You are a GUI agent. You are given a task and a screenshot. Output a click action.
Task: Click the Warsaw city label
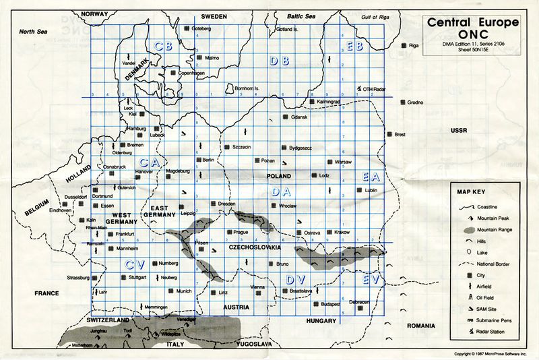pyautogui.click(x=344, y=163)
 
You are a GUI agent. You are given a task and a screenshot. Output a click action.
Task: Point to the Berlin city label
pyautogui.click(x=208, y=160)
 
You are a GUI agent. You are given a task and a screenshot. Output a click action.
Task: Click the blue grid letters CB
pyautogui.click(x=164, y=46)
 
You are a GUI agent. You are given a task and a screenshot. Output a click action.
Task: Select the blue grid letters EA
pyautogui.click(x=372, y=177)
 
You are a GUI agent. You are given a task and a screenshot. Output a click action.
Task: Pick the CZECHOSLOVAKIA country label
pyautogui.click(x=255, y=248)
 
